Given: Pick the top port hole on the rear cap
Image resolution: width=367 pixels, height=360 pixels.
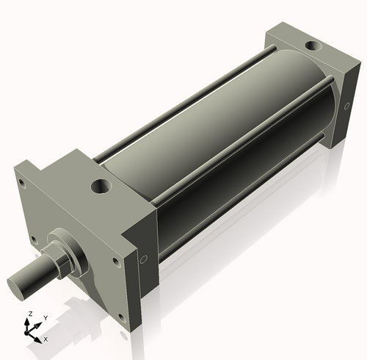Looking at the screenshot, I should pos(313,46).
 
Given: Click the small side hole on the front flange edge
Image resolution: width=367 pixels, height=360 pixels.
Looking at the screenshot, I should pos(143,258).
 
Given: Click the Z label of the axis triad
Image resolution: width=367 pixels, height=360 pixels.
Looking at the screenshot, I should pos(29,314).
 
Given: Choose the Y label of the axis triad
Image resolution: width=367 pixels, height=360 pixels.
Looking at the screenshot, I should pos(45,317).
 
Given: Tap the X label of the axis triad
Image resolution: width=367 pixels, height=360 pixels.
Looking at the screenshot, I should pos(46,339).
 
